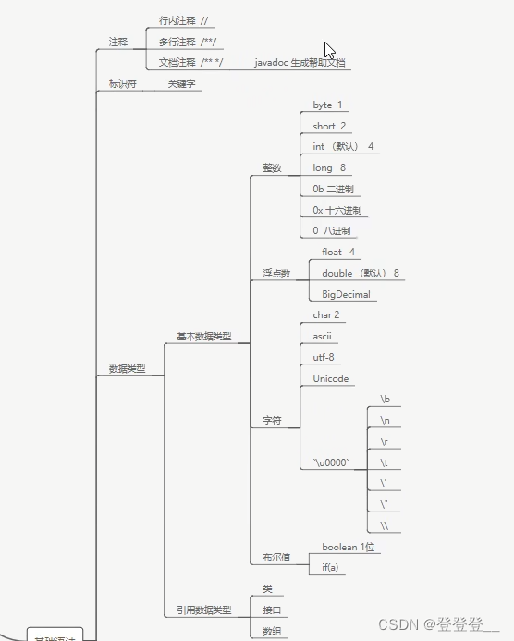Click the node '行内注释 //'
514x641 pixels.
[184, 20]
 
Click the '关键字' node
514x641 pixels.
[181, 84]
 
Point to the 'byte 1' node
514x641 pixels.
[327, 105]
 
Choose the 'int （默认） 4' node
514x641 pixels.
[343, 147]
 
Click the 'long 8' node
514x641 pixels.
[329, 168]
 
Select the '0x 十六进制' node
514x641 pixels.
[337, 210]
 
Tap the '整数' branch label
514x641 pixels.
[272, 168]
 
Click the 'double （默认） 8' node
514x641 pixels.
[361, 273]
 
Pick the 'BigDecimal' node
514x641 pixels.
[346, 294]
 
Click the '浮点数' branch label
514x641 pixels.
[275, 274]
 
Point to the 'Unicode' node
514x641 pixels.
[330, 379]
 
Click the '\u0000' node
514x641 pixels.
[330, 462]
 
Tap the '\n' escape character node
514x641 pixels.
[385, 421]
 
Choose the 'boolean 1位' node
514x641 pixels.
[350, 547]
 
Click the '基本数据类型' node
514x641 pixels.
[203, 337]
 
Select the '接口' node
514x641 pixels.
[272, 610]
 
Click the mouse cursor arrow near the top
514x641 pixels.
[329, 51]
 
